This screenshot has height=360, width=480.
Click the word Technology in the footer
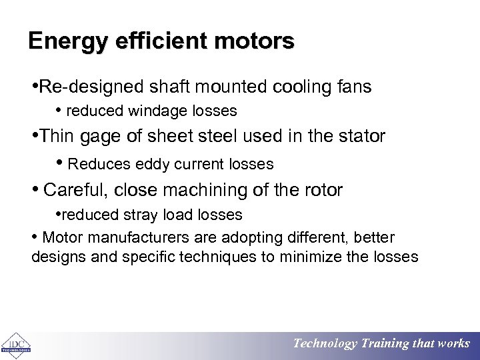pyautogui.click(x=325, y=344)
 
